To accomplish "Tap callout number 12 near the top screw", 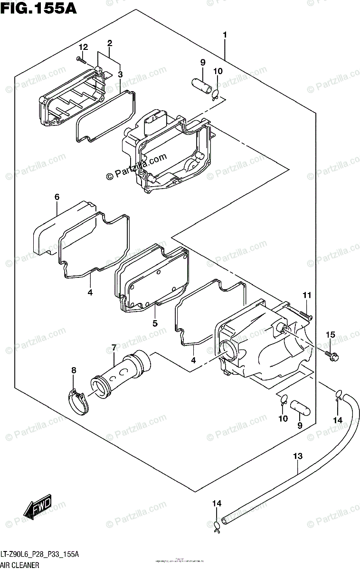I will pos(83,47).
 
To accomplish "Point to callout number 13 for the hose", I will pos(297,456).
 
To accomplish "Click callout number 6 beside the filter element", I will pos(57,197).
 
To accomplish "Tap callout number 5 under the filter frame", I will pos(155,323).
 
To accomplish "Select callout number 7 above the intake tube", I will pos(114,349).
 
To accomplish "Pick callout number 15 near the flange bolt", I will pos(330,336).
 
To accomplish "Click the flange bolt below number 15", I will pos(331,354).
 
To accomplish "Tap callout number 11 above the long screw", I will pos(307,296).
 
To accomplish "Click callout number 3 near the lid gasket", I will pos(120,74).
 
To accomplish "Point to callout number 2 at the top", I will pos(109,43).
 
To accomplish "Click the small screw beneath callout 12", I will pos(81,59).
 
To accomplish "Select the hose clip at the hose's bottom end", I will pos(217,523).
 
